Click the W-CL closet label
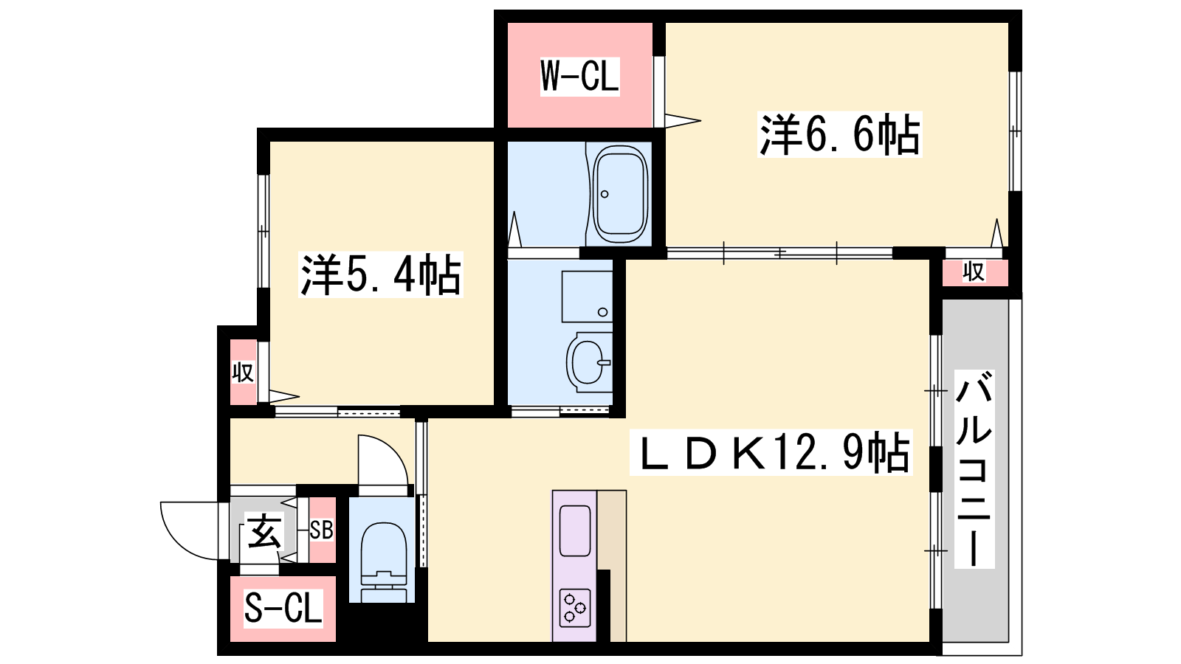pyautogui.click(x=579, y=77)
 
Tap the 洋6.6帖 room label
pyautogui.click(x=839, y=134)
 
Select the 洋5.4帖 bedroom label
pyautogui.click(x=380, y=274)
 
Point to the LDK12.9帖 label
pyautogui.click(x=771, y=453)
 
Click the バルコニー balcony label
pyautogui.click(x=974, y=469)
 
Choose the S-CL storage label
pyautogui.click(x=283, y=608)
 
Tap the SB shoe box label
pyautogui.click(x=321, y=530)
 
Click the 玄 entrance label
pyautogui.click(x=264, y=530)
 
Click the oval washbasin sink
pyautogui.click(x=588, y=362)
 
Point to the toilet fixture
pyautogui.click(x=384, y=561)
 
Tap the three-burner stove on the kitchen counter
pyautogui.click(x=575, y=608)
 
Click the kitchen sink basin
pyautogui.click(x=575, y=530)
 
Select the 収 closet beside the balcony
pyautogui.click(x=974, y=272)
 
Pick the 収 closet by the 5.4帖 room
pyautogui.click(x=243, y=372)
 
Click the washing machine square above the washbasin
pyautogui.click(x=587, y=297)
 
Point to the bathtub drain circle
pyautogui.click(x=605, y=194)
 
